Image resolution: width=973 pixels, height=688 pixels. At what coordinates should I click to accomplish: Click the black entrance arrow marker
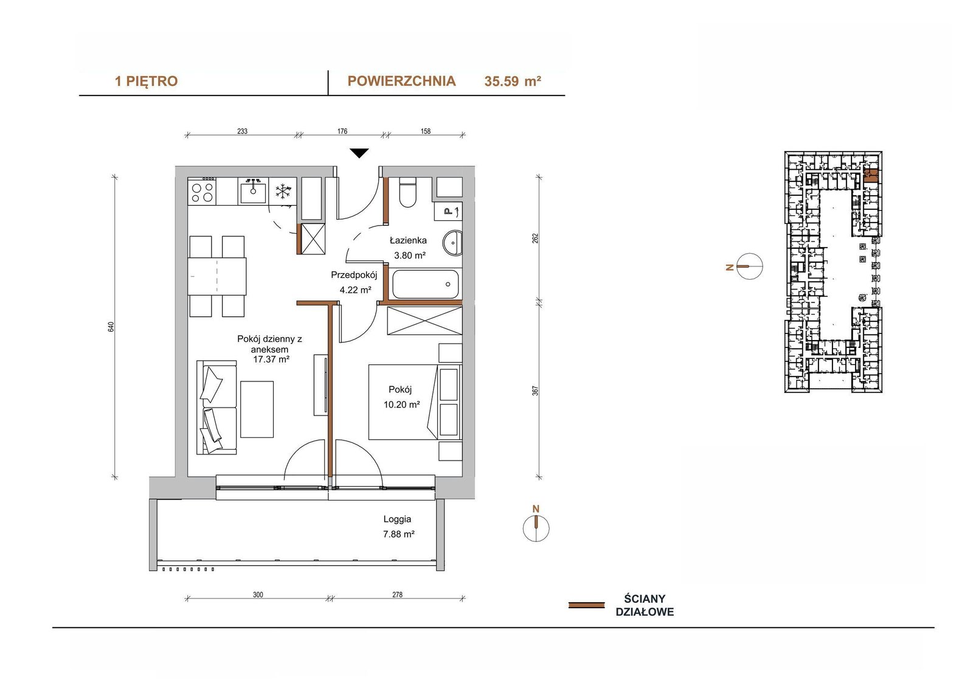coord(359,153)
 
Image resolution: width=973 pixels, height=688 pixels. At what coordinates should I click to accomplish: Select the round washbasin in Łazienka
coord(452,243)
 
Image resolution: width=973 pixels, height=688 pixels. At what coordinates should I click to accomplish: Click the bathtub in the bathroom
coord(425,284)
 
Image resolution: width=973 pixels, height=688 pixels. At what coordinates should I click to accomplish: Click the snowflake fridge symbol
coord(283,191)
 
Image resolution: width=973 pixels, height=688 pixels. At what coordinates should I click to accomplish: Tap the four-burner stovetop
coord(203,191)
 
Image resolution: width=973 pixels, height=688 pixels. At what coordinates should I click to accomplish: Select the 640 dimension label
coord(111,327)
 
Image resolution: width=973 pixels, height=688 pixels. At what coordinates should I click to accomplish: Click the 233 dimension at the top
coord(243,131)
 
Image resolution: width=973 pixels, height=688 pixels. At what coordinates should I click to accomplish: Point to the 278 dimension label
coord(398,594)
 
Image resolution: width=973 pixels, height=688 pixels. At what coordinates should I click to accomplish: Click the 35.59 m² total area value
coord(513,82)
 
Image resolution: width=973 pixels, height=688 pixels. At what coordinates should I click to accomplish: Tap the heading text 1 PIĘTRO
coord(146,82)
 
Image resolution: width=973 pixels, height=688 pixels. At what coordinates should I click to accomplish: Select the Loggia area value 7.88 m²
coord(399,534)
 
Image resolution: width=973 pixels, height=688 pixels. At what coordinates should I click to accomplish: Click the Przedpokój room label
coord(354,275)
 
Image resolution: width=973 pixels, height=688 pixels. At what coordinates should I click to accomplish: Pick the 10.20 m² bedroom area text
coord(402,405)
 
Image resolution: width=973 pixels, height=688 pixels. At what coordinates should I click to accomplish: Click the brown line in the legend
coord(586,605)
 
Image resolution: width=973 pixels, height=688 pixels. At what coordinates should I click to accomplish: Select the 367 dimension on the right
coord(536,391)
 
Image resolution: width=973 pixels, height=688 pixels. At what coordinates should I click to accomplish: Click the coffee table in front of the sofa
coord(257,409)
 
